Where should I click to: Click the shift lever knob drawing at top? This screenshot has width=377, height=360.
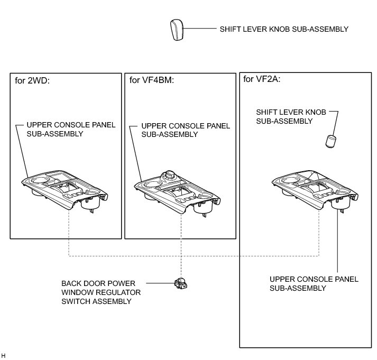[x=177, y=30]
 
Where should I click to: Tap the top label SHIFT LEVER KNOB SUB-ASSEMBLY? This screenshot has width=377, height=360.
[x=284, y=30]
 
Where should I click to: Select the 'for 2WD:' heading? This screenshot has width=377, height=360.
[x=32, y=80]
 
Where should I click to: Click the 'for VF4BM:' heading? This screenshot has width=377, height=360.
[x=152, y=80]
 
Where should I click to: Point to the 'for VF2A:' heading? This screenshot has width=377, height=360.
[x=261, y=80]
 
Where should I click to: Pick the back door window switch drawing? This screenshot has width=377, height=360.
[x=181, y=284]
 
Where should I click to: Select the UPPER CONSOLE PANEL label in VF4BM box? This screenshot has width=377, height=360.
[x=186, y=130]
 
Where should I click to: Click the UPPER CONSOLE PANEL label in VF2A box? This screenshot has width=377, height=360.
[x=314, y=283]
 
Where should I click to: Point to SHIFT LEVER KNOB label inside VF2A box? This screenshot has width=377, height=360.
[x=290, y=117]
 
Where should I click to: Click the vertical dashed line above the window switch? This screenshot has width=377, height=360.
[x=181, y=248]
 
